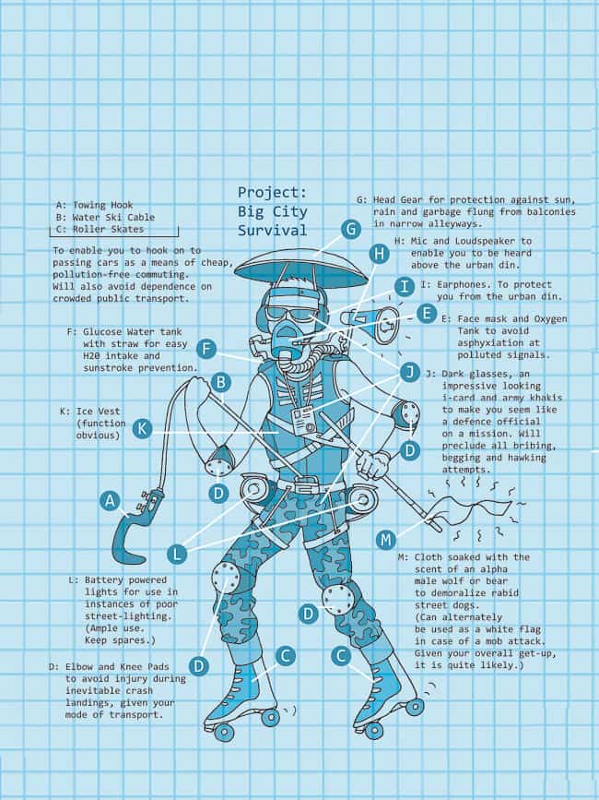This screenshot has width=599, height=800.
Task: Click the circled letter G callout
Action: [350, 230]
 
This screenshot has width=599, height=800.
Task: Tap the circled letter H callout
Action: [379, 254]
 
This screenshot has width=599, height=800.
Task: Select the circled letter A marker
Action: [110, 501]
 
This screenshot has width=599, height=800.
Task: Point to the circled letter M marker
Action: [385, 540]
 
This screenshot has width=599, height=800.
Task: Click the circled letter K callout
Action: [142, 428]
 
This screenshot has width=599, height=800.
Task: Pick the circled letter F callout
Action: [206, 350]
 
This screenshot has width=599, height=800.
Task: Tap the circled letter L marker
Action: [177, 554]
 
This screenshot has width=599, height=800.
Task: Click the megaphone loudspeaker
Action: [374, 325]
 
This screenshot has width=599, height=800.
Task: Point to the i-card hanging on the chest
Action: [306, 423]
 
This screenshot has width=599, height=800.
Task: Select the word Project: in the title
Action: [273, 192]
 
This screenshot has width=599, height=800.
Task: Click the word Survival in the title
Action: [273, 230]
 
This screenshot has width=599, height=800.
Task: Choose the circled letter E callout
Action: [427, 314]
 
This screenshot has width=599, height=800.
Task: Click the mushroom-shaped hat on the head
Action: [300, 269]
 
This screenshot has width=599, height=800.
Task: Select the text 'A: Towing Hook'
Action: [94, 205]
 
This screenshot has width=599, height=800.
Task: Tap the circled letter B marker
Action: [220, 382]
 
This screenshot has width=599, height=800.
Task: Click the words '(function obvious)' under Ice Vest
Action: [100, 429]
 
